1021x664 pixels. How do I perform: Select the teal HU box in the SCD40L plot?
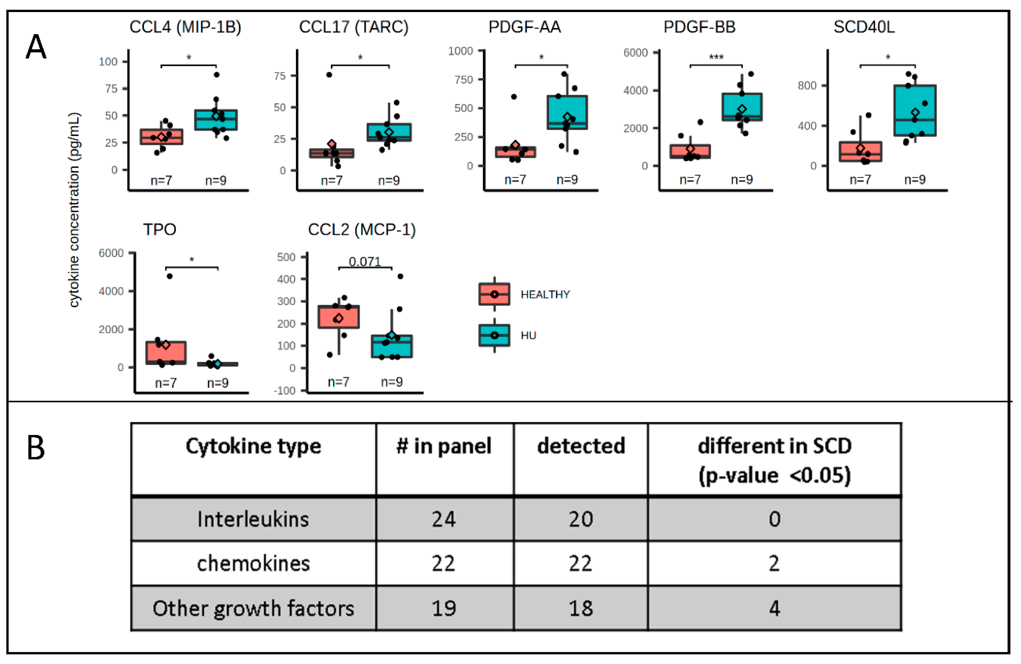click(x=915, y=111)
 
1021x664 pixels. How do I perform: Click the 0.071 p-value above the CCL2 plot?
click(x=365, y=262)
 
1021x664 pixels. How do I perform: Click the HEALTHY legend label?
click(x=545, y=294)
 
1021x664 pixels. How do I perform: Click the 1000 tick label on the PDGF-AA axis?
click(x=460, y=51)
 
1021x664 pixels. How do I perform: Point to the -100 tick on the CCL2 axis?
click(x=285, y=390)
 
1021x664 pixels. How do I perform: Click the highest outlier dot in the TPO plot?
click(x=169, y=276)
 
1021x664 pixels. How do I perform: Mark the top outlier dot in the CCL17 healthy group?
click(x=329, y=75)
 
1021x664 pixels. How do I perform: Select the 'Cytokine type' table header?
click(x=253, y=446)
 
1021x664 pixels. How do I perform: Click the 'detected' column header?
click(x=581, y=446)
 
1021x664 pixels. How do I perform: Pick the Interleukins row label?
click(x=253, y=519)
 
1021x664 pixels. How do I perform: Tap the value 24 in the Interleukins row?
click(x=444, y=519)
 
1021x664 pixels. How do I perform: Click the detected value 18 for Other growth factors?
click(x=581, y=608)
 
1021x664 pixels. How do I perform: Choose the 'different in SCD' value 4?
click(x=774, y=608)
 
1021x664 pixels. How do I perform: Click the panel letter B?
click(x=36, y=448)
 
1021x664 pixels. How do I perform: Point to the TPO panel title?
click(x=160, y=230)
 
